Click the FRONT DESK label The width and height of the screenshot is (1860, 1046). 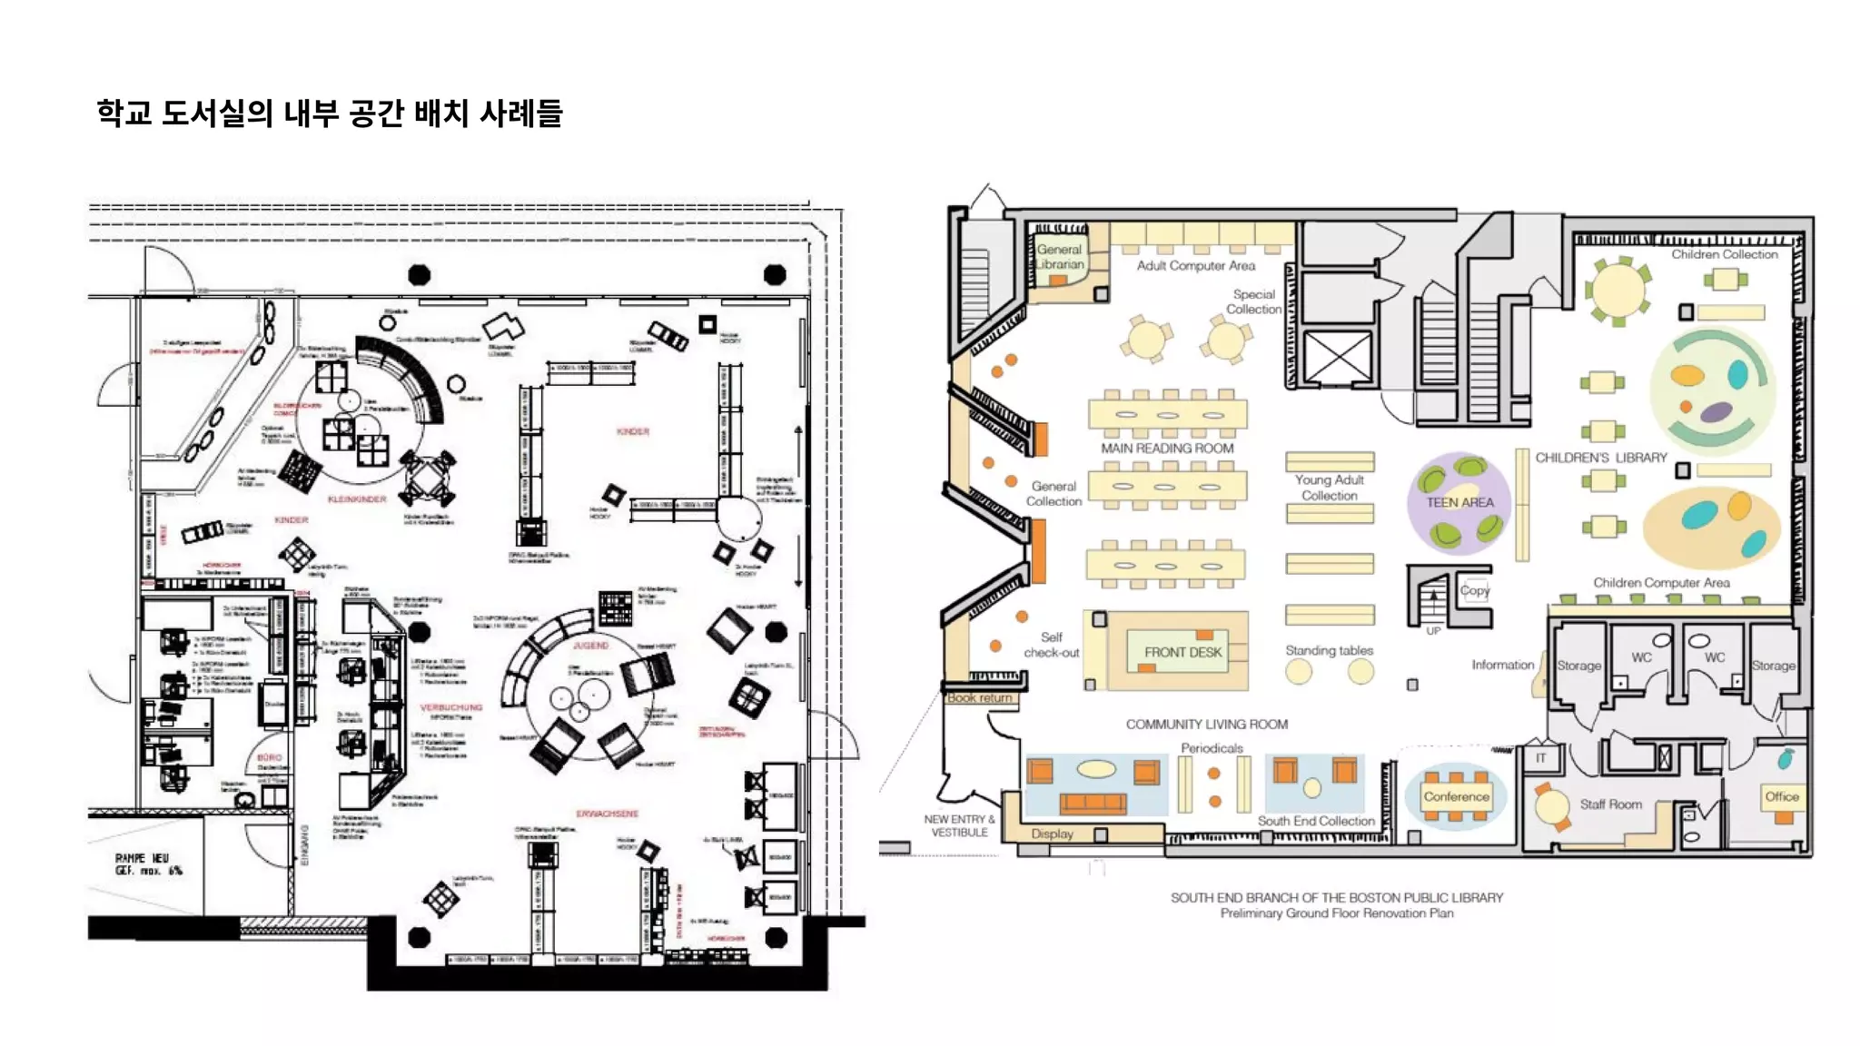pyautogui.click(x=1182, y=652)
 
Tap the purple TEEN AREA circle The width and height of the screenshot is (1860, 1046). pyautogui.click(x=1459, y=502)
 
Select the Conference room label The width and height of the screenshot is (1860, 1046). pyautogui.click(x=1456, y=796)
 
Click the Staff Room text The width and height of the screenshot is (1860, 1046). pyautogui.click(x=1610, y=804)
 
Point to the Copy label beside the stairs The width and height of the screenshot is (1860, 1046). pyautogui.click(x=1475, y=590)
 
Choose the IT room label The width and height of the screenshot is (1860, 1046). pyautogui.click(x=1540, y=758)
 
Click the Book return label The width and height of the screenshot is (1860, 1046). pyautogui.click(x=979, y=698)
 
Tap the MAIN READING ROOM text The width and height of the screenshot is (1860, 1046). pyautogui.click(x=1167, y=449)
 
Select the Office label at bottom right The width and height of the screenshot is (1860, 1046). pyautogui.click(x=1781, y=796)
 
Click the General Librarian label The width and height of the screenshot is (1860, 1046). pyautogui.click(x=1060, y=257)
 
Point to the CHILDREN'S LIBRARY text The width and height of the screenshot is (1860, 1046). pyautogui.click(x=1600, y=458)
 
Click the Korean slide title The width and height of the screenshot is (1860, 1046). pyautogui.click(x=330, y=113)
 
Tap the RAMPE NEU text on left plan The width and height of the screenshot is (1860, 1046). pyautogui.click(x=142, y=858)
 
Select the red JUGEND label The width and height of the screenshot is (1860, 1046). pyautogui.click(x=590, y=646)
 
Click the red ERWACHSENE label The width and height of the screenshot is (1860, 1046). pyautogui.click(x=607, y=814)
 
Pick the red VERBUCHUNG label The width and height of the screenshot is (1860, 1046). pyautogui.click(x=450, y=707)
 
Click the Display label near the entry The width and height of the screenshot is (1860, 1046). pyautogui.click(x=1052, y=834)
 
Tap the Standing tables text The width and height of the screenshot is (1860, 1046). pyautogui.click(x=1329, y=650)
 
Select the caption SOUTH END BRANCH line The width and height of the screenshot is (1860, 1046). pyautogui.click(x=1336, y=897)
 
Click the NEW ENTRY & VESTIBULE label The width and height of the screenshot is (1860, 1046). pyautogui.click(x=959, y=825)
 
